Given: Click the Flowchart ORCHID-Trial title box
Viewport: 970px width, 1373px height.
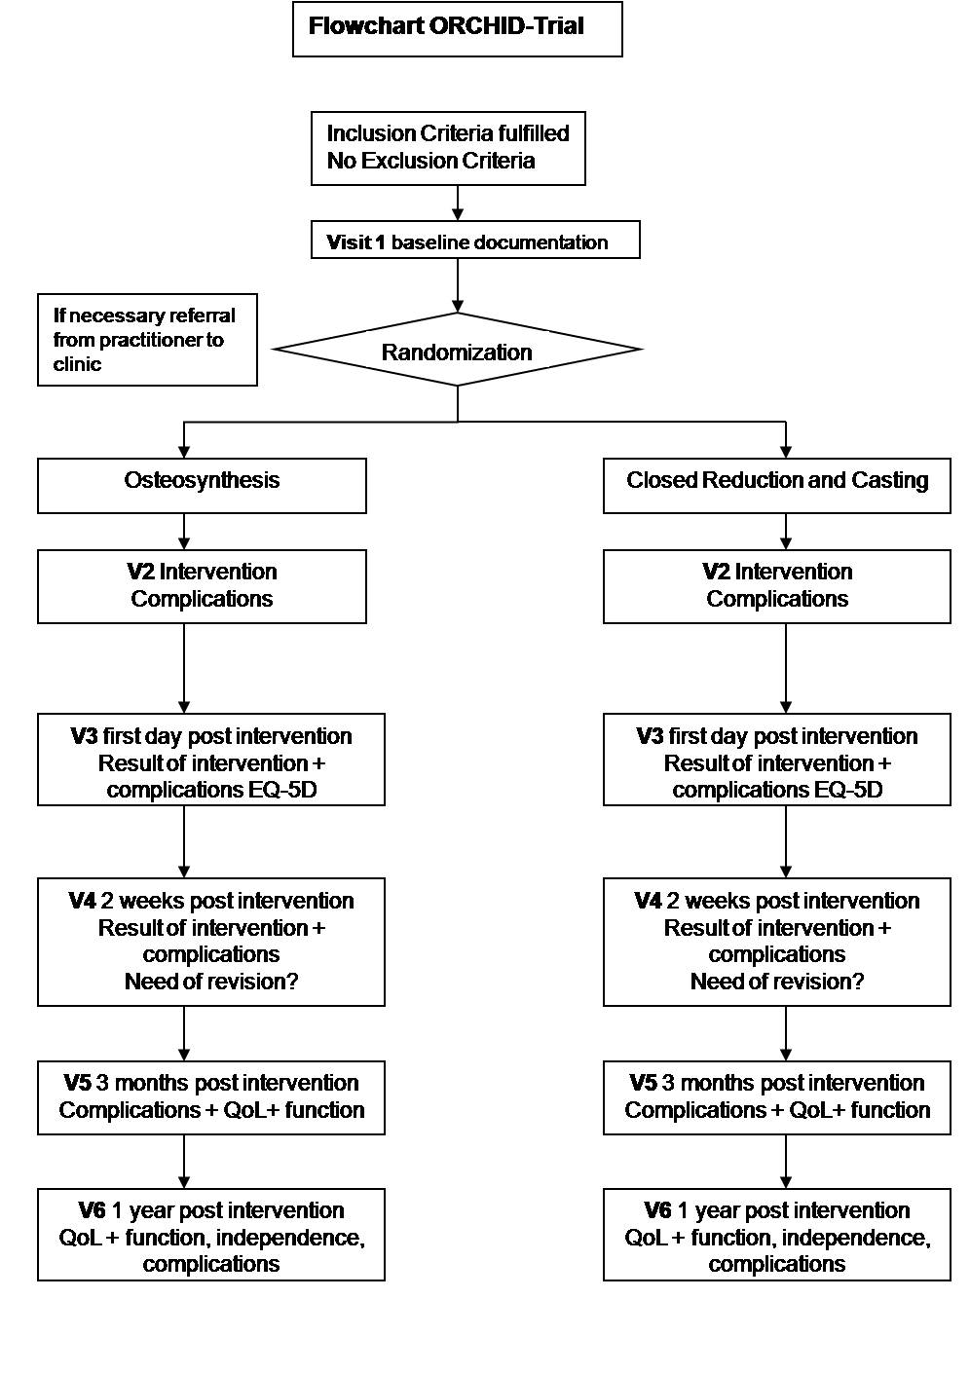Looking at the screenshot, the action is point(458,29).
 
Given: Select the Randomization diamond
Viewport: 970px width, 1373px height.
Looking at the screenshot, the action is point(457,350).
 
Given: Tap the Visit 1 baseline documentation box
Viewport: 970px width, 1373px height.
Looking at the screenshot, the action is point(475,239).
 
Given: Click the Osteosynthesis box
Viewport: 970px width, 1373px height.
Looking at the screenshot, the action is point(202,486).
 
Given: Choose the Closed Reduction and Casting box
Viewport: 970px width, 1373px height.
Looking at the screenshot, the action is point(777,486).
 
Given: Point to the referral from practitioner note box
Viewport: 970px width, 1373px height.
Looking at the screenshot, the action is point(147,340).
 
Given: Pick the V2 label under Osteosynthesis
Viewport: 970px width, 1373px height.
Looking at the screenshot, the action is point(140,572).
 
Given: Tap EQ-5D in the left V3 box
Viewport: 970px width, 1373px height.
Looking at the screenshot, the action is point(282,790).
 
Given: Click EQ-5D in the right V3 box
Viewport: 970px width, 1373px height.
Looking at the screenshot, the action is point(848,790).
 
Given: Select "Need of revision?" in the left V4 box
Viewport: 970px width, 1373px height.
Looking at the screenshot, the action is point(211,982).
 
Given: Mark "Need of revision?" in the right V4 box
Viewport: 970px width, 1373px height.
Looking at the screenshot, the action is point(777,982).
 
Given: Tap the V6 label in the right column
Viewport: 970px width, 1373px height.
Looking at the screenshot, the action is point(658,1210).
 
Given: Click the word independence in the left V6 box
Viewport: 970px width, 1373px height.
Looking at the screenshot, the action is point(290,1238).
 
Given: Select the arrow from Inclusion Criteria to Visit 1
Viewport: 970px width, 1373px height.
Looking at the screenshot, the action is point(458,203).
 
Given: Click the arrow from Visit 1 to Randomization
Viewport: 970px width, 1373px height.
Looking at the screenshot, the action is point(458,285).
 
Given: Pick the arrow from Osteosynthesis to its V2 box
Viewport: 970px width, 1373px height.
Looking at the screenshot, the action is point(184,532).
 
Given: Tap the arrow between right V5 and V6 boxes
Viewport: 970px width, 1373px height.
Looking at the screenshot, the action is point(786,1161).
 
